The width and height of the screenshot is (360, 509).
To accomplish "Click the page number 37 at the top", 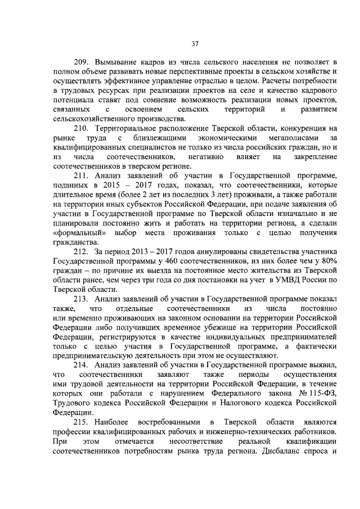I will click(195, 43).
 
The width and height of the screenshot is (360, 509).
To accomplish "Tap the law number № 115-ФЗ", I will click(317, 393).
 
